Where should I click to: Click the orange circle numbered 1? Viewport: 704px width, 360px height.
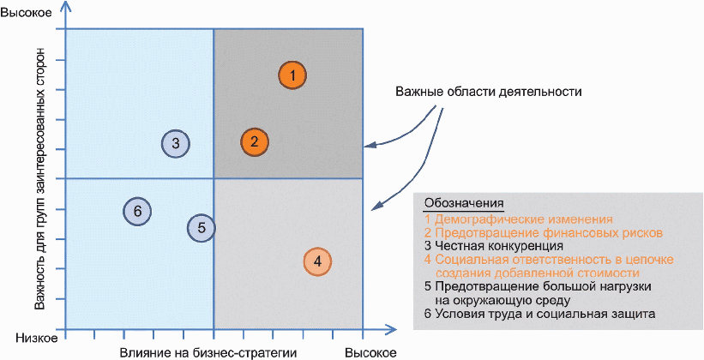click(x=292, y=75)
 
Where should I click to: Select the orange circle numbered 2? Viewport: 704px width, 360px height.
click(x=255, y=142)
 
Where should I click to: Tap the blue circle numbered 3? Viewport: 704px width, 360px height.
click(x=175, y=143)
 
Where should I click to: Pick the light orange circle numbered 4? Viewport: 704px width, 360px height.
click(x=317, y=261)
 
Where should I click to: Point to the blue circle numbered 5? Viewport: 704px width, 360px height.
click(x=202, y=227)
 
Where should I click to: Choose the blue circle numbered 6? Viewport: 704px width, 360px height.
click(x=137, y=211)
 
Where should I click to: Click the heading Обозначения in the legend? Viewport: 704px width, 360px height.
click(x=465, y=203)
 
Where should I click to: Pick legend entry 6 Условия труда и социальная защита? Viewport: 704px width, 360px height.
click(x=540, y=315)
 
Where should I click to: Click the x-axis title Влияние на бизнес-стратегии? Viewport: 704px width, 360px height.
click(x=208, y=351)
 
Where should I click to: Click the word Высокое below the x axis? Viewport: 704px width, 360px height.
click(x=370, y=351)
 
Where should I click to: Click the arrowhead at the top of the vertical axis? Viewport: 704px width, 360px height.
click(x=66, y=8)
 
